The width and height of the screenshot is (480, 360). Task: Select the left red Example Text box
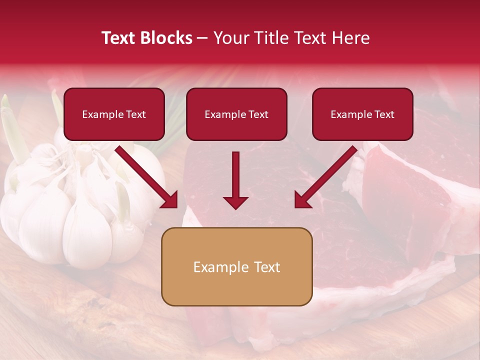coord(114,114)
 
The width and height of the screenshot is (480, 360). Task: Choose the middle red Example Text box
coord(236,114)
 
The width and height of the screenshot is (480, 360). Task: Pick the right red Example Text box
coord(362,114)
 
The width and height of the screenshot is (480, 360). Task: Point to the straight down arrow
coord(235,180)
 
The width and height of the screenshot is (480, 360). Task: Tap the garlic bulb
coord(75,210)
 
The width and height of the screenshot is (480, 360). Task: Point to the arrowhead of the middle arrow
coord(235,202)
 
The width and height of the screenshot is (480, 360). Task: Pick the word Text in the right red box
coord(384,114)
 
